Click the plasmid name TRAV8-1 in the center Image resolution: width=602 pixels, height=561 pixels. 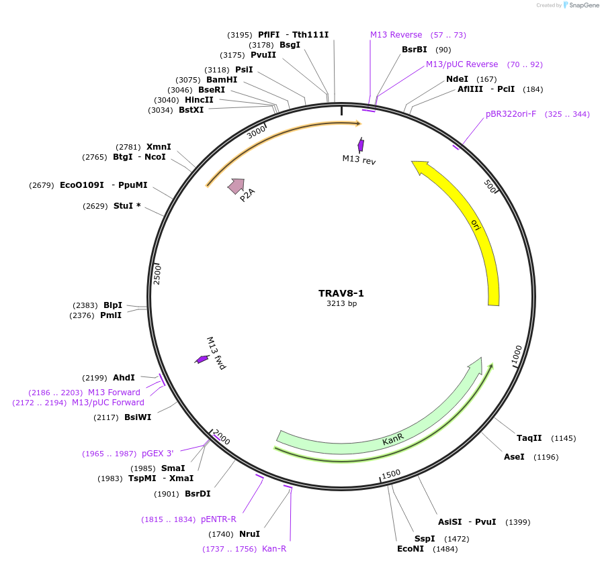(x=341, y=293)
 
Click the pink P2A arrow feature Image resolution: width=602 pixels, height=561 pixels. (x=236, y=186)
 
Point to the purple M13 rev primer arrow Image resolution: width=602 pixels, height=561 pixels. (x=361, y=145)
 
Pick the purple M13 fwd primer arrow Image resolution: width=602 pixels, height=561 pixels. (x=202, y=360)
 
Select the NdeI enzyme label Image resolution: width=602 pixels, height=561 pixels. (x=457, y=79)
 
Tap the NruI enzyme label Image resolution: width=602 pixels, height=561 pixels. (x=249, y=534)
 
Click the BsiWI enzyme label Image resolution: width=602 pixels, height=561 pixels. (x=138, y=417)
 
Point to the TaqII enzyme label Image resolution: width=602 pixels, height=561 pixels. (x=529, y=438)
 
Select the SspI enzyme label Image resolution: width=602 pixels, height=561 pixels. (x=425, y=539)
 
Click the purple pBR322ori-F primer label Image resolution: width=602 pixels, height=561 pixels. (x=511, y=114)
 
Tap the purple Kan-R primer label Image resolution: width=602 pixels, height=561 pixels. (x=274, y=549)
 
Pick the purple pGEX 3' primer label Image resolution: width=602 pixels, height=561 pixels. (x=157, y=454)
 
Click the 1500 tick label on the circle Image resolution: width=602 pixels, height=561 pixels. (x=390, y=474)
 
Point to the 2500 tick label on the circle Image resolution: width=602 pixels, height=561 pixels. (x=157, y=274)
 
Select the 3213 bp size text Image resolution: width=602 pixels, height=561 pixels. (x=341, y=304)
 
